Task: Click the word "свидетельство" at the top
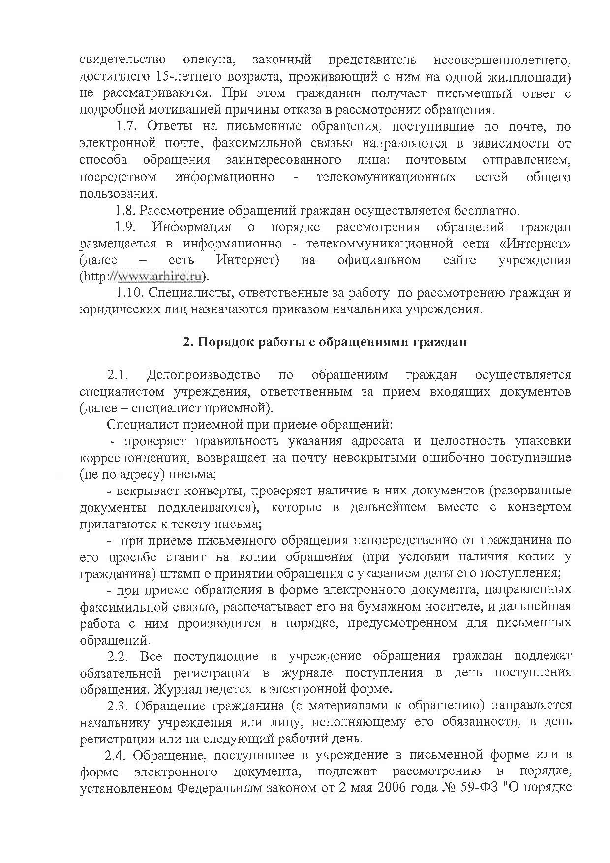(122, 60)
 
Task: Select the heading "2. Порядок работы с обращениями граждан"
(325, 342)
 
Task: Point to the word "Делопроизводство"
(203, 375)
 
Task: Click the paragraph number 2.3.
(118, 706)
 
